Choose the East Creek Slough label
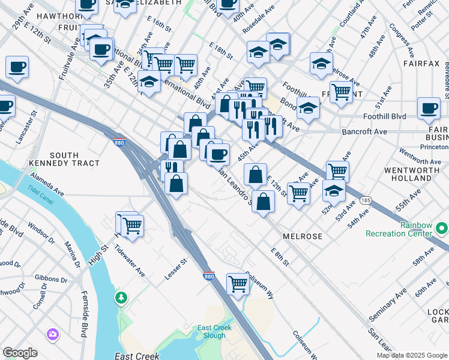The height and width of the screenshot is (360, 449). (215, 332)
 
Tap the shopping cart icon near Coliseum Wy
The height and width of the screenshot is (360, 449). (238, 283)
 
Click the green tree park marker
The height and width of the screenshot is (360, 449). (122, 297)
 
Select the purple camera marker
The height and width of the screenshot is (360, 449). (53, 334)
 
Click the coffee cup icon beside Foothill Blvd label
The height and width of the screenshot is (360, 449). (429, 109)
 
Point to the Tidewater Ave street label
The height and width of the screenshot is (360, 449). (133, 262)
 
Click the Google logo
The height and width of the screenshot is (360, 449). (20, 353)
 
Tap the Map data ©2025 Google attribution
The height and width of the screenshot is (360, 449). (411, 355)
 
